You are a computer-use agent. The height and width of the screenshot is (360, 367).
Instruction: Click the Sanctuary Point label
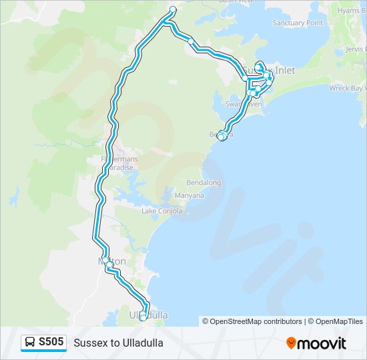[x=298, y=23]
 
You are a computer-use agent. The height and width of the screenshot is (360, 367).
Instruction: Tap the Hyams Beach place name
[x=352, y=11]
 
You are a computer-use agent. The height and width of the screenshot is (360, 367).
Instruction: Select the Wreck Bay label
[x=348, y=88]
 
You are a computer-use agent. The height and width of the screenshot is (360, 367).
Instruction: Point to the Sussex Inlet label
[x=268, y=70]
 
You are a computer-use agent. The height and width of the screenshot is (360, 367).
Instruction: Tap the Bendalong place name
[x=204, y=182]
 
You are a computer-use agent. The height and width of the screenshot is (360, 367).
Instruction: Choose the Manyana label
[x=189, y=196]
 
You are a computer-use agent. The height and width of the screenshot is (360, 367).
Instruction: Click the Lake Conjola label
[x=157, y=211]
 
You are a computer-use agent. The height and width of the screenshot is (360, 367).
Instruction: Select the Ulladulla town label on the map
[x=148, y=314]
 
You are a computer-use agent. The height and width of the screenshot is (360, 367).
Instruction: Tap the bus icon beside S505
[x=30, y=343]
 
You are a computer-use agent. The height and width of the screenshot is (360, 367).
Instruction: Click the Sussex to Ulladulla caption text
[x=118, y=343]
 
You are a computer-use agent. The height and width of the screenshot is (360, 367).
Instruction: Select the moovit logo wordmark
[x=322, y=343]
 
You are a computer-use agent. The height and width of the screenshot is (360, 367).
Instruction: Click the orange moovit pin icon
[x=291, y=343]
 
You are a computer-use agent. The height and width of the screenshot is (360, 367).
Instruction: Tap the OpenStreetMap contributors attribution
[x=252, y=321]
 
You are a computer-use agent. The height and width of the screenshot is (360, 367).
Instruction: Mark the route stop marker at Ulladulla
[x=143, y=317]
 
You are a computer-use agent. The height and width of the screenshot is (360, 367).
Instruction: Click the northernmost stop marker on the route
[x=173, y=9]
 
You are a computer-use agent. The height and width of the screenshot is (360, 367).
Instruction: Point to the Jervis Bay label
[x=356, y=49]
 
